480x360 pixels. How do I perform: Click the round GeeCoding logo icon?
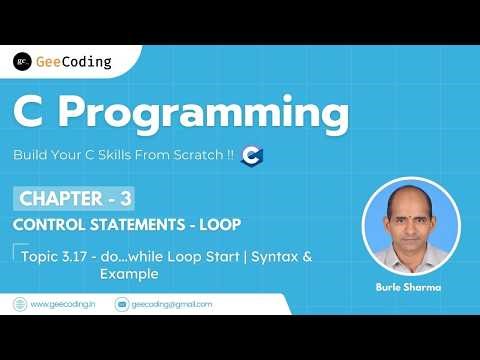[22, 61]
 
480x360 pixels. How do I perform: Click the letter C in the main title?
[34, 114]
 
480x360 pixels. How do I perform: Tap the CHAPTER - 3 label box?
[86, 195]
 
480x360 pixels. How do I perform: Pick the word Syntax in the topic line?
[275, 257]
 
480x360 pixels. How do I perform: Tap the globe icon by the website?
[19, 304]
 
